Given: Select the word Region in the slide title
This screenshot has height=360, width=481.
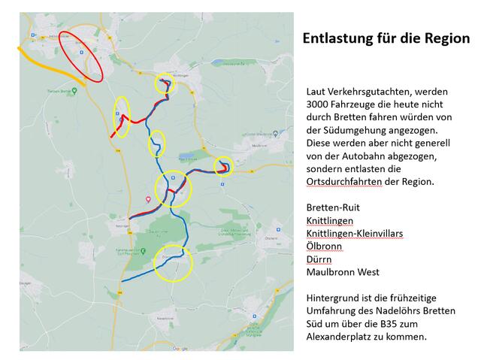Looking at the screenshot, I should pyautogui.click(x=445, y=38).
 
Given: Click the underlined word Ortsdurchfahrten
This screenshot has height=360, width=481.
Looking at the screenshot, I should pyautogui.click(x=345, y=182).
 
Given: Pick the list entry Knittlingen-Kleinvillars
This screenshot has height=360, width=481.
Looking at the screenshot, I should pyautogui.click(x=355, y=234).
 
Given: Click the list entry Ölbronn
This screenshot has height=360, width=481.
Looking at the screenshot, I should pyautogui.click(x=323, y=247).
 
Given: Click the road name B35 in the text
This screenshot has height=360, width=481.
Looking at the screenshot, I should pyautogui.click(x=388, y=324).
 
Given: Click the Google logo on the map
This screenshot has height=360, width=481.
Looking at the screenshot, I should pyautogui.click(x=180, y=348).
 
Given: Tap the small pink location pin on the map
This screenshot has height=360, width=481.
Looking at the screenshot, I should pyautogui.click(x=148, y=199).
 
